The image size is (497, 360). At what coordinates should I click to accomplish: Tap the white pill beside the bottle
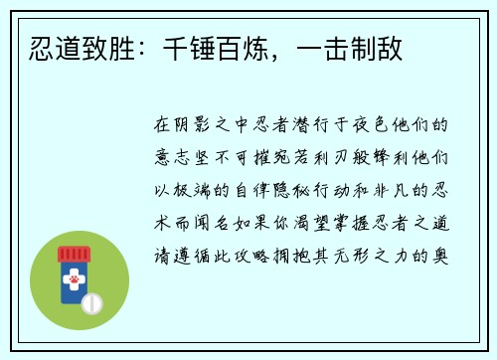[x=92, y=302]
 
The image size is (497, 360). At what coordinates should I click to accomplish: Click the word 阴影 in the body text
[x=192, y=126]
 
